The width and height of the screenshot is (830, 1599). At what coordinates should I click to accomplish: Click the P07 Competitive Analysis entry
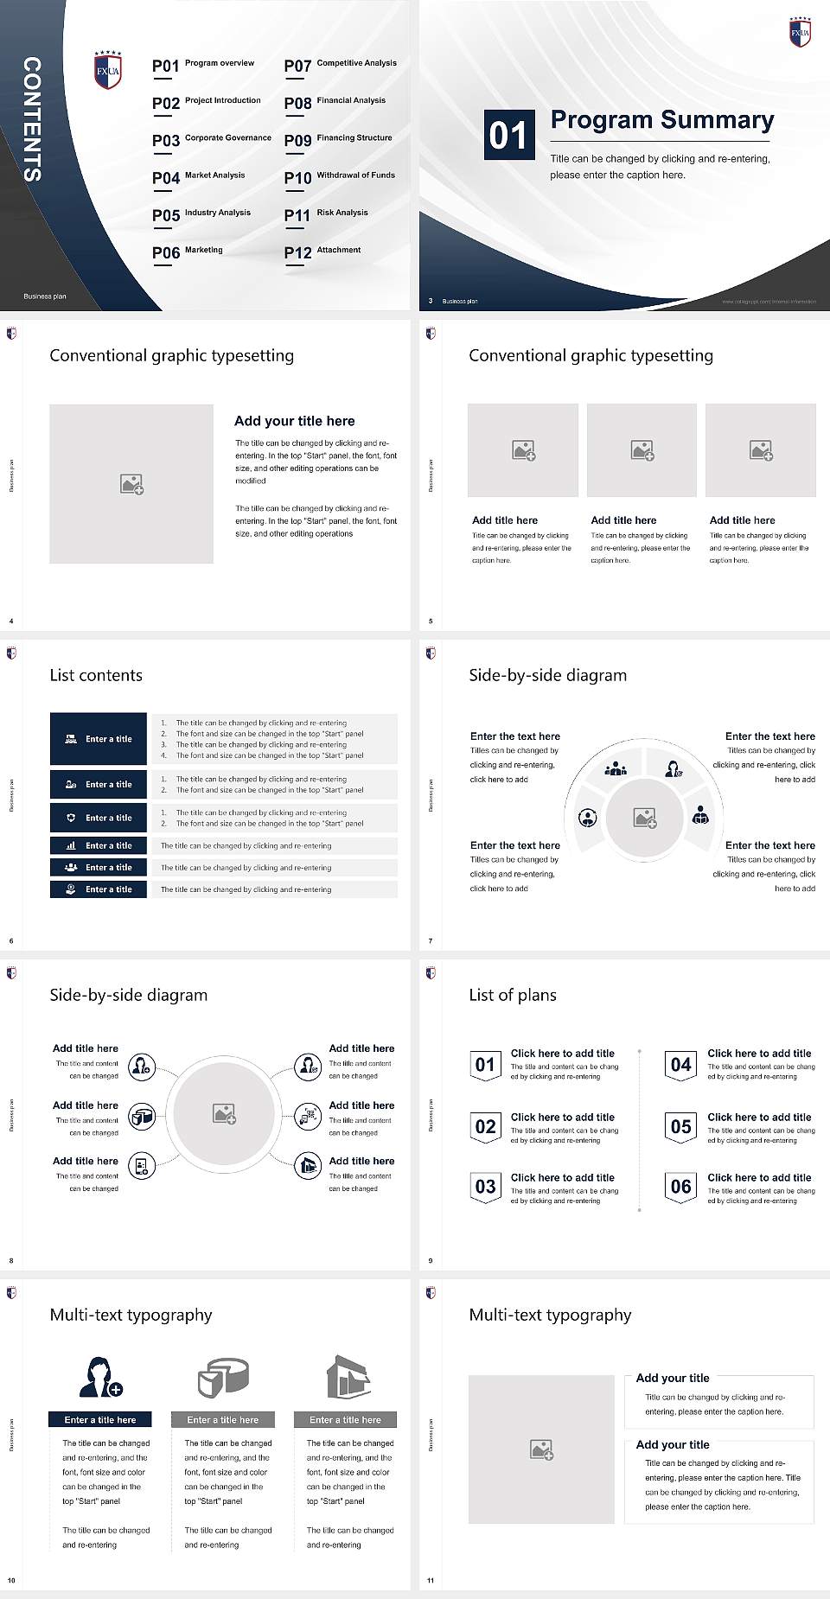coord(340,65)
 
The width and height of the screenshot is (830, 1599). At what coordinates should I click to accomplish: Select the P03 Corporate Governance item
coord(211,139)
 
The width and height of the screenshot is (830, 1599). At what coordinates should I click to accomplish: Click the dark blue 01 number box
coord(508,135)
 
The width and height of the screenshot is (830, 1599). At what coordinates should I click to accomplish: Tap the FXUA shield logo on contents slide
coord(108,70)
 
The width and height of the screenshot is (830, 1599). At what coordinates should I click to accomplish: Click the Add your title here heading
coord(294,421)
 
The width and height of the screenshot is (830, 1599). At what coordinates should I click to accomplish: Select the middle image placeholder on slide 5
coord(642,449)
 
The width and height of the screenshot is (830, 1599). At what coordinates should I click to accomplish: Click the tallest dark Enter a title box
coord(99,739)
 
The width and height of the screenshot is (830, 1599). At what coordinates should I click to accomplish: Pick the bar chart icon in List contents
coord(71,845)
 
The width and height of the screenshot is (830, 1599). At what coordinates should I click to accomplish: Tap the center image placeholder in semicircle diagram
coord(644,818)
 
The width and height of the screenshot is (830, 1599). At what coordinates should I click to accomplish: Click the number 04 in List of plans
coord(680,1065)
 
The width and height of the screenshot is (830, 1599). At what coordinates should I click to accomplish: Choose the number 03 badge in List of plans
coord(485,1187)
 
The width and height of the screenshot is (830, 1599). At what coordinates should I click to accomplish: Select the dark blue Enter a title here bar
coord(100,1419)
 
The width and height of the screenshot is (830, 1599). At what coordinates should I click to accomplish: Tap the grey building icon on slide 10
coord(348,1377)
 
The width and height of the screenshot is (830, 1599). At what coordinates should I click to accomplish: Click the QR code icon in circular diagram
coord(308,1117)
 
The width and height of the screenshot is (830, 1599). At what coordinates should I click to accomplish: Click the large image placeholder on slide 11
coord(541,1449)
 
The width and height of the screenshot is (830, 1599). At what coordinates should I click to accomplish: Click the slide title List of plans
coord(513,995)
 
